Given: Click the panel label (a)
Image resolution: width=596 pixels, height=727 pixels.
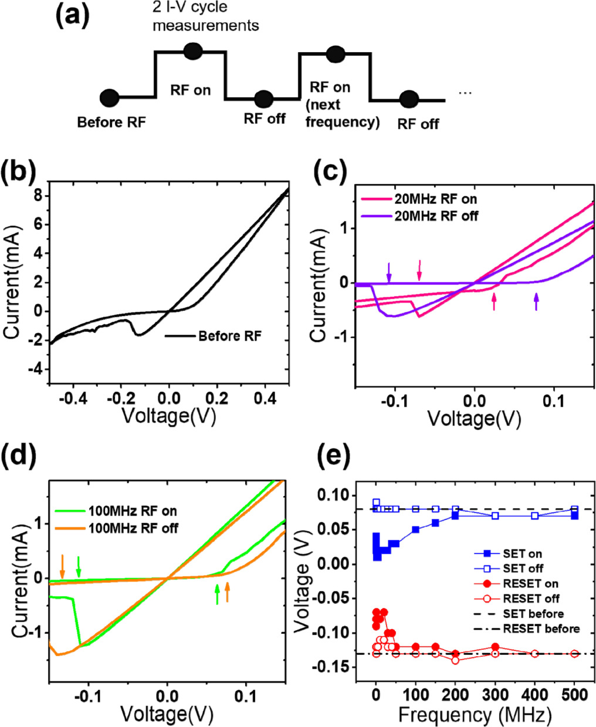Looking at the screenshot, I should point(71,17).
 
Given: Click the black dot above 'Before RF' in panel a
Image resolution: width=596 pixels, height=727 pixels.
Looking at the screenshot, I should point(110,98).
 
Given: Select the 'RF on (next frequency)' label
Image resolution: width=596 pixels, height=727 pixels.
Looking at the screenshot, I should point(337,104).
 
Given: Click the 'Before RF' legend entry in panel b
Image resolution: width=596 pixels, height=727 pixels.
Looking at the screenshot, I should point(229,336).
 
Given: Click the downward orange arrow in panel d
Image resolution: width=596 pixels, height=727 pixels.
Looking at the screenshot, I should point(62,566).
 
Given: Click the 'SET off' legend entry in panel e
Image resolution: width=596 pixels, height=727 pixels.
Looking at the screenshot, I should point(523,568).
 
